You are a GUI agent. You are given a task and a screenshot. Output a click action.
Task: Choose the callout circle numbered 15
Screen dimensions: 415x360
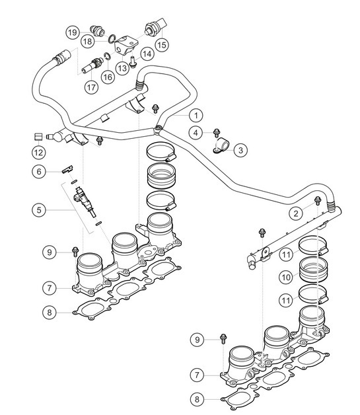pos(161,45)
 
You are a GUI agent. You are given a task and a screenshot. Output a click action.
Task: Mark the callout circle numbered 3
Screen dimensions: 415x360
pos(240,150)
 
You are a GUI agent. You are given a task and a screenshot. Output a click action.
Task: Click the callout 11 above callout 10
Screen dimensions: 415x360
pos(286,253)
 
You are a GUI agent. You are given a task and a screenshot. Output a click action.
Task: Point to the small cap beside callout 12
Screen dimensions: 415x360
pos(38,137)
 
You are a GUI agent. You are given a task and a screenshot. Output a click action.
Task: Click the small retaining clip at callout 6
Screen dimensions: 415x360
pos(67,169)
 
